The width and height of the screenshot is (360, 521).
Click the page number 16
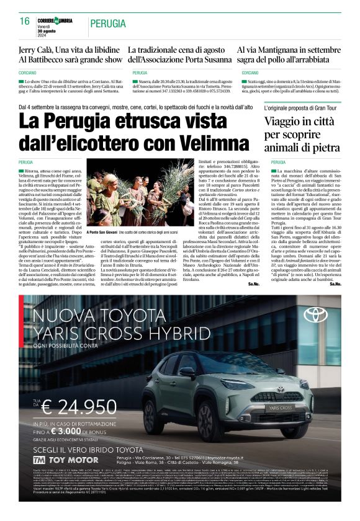pos(25,21)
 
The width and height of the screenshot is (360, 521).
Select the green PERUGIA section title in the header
pos(110,24)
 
